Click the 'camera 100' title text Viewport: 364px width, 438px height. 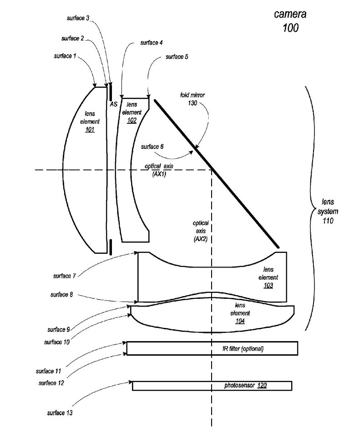click(290, 20)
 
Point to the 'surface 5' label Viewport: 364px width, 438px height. click(177, 57)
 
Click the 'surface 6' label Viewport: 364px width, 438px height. click(152, 146)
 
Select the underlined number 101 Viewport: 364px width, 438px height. click(89, 130)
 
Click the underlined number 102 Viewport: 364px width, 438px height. click(131, 121)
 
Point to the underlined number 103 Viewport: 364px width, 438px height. click(268, 285)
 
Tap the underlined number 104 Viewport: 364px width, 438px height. click(240, 321)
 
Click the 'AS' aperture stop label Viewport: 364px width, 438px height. click(113, 104)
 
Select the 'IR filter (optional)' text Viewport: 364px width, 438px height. click(240, 349)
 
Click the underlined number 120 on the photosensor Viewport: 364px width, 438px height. click(262, 386)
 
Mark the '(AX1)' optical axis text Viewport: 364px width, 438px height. click(159, 174)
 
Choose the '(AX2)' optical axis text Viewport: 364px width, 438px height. click(200, 238)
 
